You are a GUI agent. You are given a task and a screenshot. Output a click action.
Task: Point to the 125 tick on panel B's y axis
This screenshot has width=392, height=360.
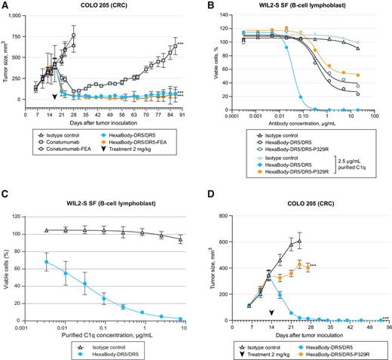coord(220,15)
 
